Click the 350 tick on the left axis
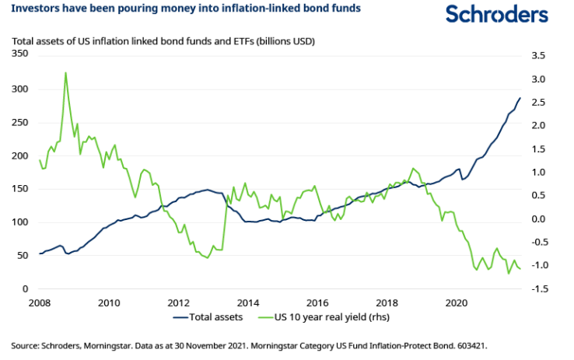18,55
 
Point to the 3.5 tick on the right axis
539,55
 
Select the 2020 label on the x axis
457,302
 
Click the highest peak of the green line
65,73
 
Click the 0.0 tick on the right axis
539,219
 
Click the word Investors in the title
36,11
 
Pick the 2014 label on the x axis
247,302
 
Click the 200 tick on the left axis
18,156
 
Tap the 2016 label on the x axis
317,302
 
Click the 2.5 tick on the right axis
539,103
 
